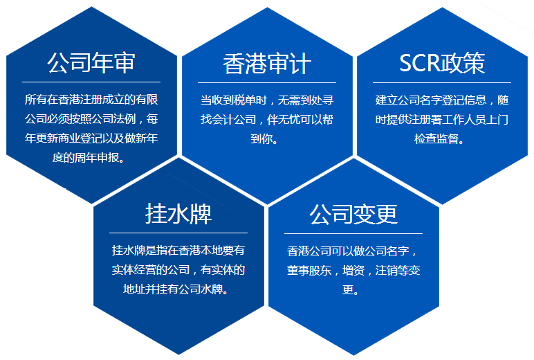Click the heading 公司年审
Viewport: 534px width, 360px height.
pyautogui.click(x=91, y=64)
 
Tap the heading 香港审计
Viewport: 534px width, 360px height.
pyautogui.click(x=267, y=64)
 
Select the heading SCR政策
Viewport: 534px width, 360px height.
pyautogui.click(x=442, y=63)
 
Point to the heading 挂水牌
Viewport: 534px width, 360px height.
pyautogui.click(x=178, y=214)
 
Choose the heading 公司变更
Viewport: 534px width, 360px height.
pyautogui.click(x=353, y=214)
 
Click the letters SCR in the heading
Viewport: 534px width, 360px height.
pyautogui.click(x=420, y=63)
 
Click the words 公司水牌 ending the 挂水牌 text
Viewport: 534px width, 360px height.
pyautogui.click(x=210, y=288)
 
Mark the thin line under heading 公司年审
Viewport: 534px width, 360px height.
pyautogui.click(x=91, y=82)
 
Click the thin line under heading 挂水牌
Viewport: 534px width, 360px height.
pyautogui.click(x=178, y=233)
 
